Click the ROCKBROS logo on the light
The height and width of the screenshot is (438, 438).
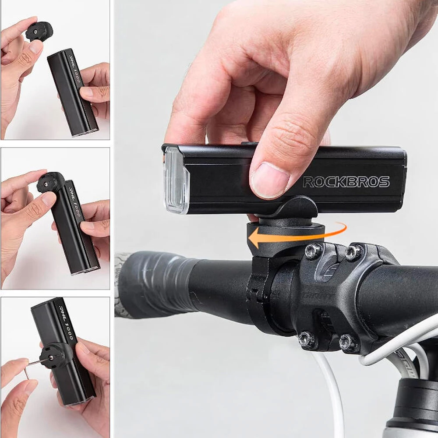[x=346, y=182]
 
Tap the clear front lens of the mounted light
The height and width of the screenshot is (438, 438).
[x=176, y=180]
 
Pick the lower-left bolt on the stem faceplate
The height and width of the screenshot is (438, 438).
[x=306, y=340]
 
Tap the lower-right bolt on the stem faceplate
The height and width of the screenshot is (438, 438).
[x=349, y=343]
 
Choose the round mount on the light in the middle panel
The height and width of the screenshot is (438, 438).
[x=50, y=182]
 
